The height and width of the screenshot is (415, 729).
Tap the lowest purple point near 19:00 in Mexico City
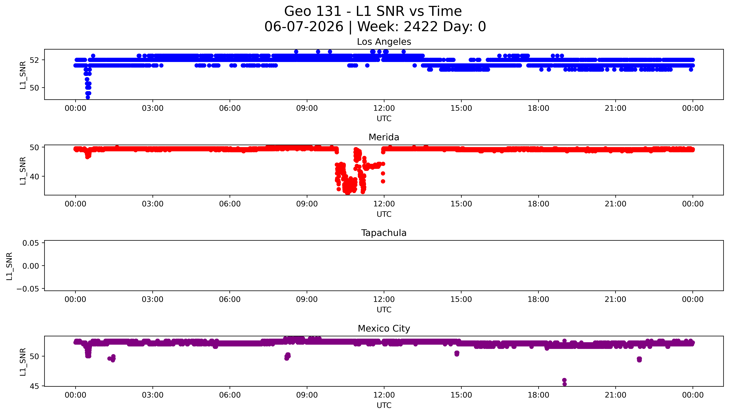[x=564, y=384]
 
